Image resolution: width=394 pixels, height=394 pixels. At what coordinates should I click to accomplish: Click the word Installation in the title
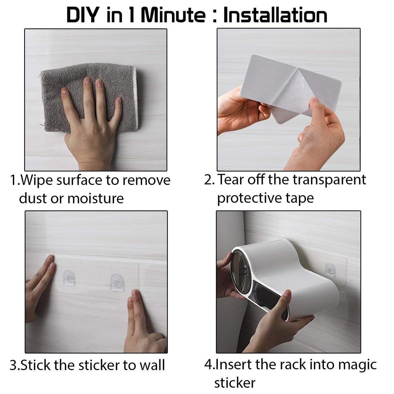point(275,15)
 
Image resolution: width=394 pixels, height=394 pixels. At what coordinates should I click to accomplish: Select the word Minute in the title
point(173,15)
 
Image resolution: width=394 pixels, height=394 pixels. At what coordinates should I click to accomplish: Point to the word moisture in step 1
point(95,199)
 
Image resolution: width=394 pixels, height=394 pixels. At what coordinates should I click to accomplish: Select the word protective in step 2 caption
point(249,199)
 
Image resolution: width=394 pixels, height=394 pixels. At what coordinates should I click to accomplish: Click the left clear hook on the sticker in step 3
point(69,278)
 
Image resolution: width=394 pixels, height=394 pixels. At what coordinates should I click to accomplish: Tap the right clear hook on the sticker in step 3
point(117,282)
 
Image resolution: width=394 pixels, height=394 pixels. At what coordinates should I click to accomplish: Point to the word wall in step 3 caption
point(152,366)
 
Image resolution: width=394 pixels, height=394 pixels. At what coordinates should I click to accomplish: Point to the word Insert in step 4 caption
point(234,365)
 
